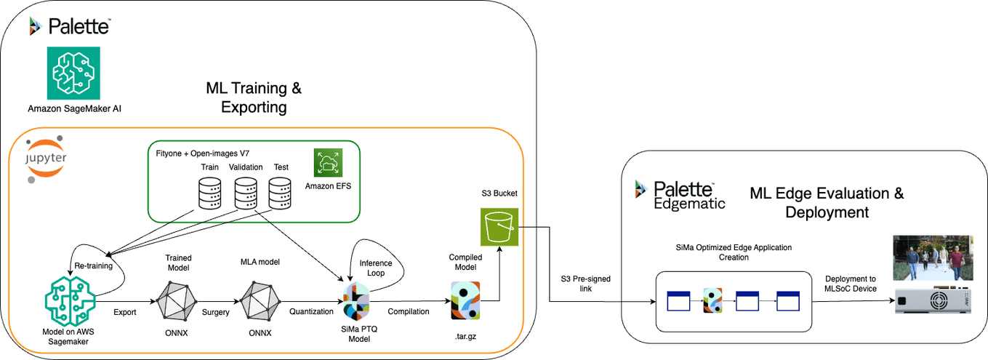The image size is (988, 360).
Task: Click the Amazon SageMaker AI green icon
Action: click(73, 73)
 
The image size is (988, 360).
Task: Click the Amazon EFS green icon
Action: click(328, 163)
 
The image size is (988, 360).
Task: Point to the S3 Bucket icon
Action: click(499, 227)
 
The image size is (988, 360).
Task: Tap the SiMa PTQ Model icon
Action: click(356, 301)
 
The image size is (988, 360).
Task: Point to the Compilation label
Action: click(408, 311)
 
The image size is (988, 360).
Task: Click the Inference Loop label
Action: click(376, 268)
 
